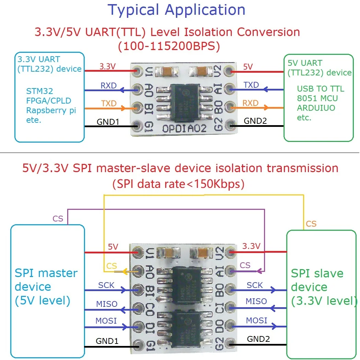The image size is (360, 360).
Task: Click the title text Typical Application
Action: pyautogui.click(x=177, y=10)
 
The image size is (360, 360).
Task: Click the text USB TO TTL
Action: pyautogui.click(x=321, y=89)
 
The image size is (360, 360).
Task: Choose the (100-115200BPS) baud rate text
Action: pyautogui.click(x=168, y=46)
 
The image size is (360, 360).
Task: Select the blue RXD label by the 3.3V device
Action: pyautogui.click(x=108, y=86)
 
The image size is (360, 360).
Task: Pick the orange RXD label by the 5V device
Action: pyautogui.click(x=251, y=103)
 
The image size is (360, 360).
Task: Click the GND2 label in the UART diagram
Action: pyautogui.click(x=255, y=121)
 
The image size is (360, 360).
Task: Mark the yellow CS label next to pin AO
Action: pyautogui.click(x=112, y=266)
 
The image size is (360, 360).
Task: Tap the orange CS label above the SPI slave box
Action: pyautogui.click(x=311, y=224)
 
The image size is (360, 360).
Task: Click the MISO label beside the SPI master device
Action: pyautogui.click(x=107, y=304)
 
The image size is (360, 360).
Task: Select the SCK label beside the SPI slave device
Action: pyautogui.click(x=255, y=285)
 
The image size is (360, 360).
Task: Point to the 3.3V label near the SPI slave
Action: pyautogui.click(x=251, y=246)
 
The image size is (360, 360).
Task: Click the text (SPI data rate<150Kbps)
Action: pyautogui.click(x=178, y=184)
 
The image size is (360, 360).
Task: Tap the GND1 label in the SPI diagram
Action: pyautogui.click(x=107, y=341)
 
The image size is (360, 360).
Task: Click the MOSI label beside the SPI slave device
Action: pyautogui.click(x=256, y=320)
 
